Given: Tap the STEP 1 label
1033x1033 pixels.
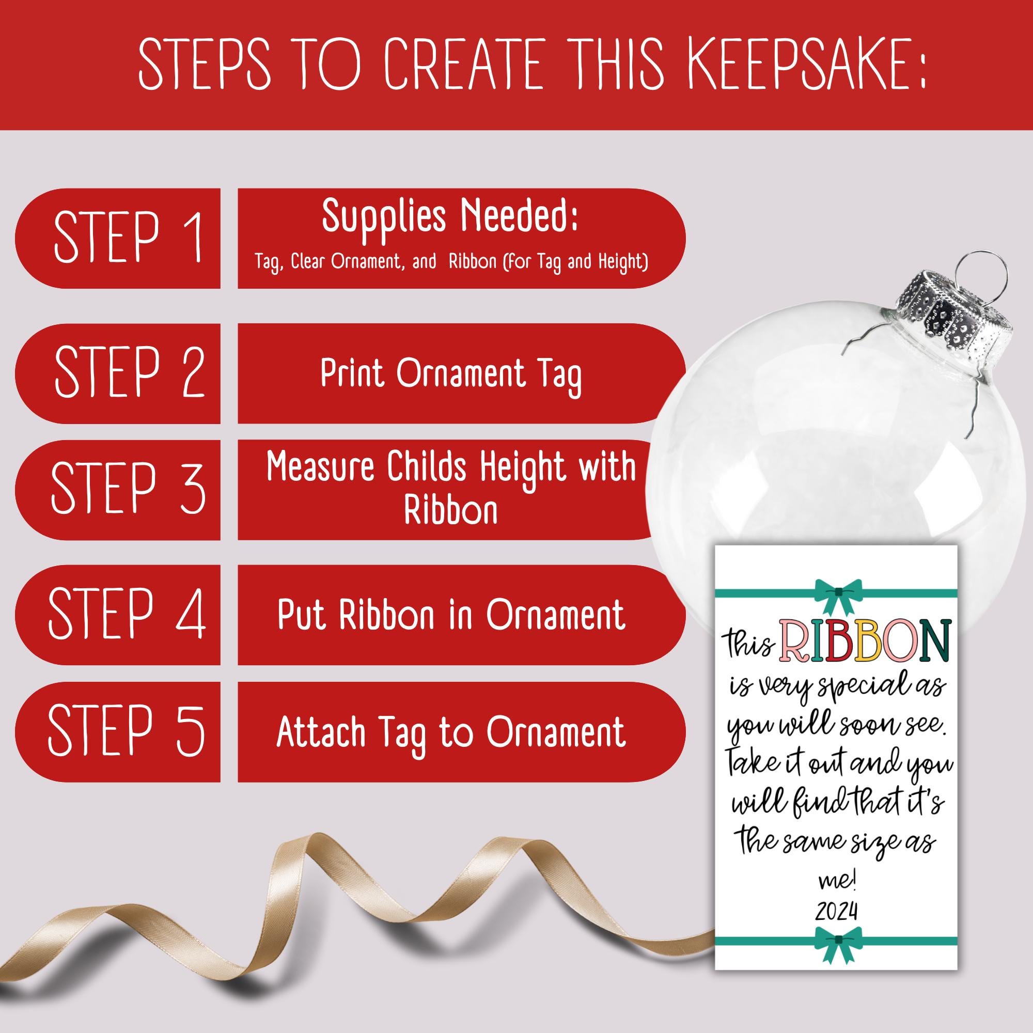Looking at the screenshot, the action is pos(129,238).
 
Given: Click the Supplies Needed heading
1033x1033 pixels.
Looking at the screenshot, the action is pos(450,217).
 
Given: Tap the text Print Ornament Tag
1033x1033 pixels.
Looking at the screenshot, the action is pos(451,375).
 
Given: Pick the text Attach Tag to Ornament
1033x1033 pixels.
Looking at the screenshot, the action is pos(451,732).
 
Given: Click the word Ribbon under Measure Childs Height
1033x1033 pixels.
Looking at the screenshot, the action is pos(451,511).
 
